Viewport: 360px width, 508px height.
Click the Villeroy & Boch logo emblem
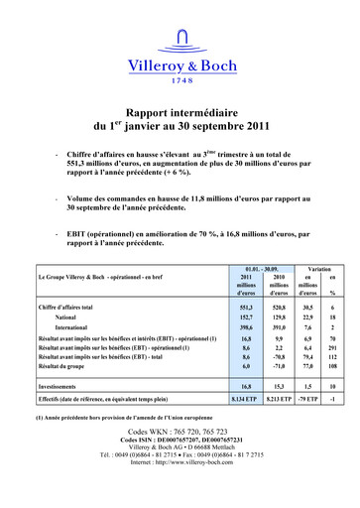tap(180, 39)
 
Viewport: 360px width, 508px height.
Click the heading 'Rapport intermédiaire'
tap(180, 115)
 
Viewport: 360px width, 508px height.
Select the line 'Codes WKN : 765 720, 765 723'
tap(180, 434)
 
